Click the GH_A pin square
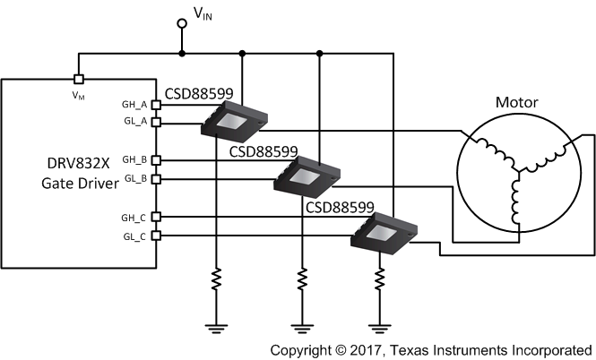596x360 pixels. [157, 104]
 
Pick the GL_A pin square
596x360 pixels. [157, 121]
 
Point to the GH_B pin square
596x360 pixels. [157, 160]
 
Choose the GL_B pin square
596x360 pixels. [157, 178]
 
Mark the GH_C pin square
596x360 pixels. [157, 217]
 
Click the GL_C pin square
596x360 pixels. [157, 236]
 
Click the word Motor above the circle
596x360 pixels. [518, 101]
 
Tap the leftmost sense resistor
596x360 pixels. [216, 280]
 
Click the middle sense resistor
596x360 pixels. [301, 280]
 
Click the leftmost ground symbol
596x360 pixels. [216, 325]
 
